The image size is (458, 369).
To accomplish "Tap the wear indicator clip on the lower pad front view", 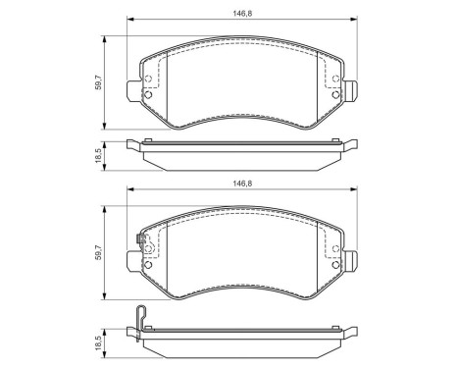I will tap(143, 239).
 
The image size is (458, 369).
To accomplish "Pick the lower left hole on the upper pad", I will tap(148, 94).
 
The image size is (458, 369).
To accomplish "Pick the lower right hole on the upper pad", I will tap(335, 94).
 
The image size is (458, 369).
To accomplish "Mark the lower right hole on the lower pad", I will tap(335, 263).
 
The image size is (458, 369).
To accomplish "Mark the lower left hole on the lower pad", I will tap(148, 263).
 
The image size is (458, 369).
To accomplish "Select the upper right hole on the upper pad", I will tap(335, 79).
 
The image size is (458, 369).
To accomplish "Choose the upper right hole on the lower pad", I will tap(335, 247).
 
